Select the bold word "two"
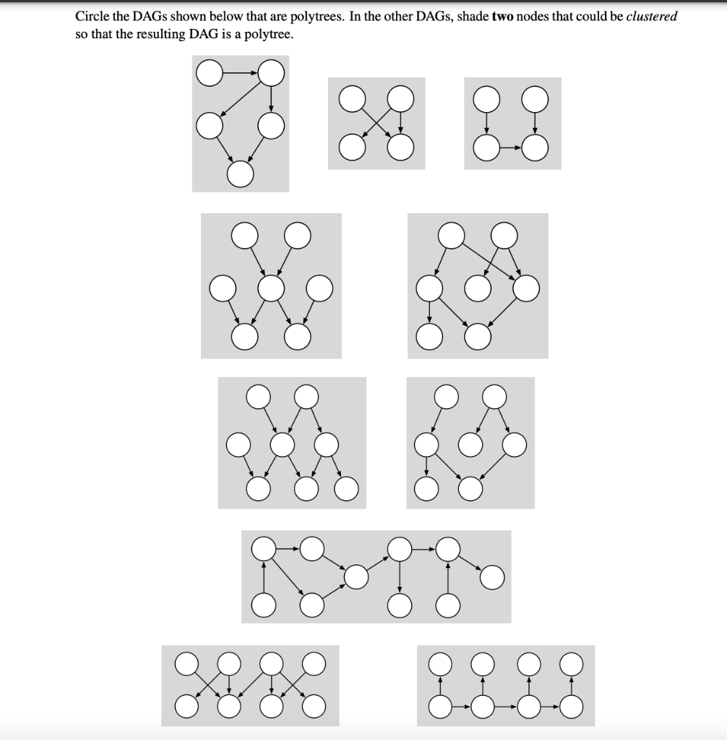point(502,17)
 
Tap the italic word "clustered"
point(651,17)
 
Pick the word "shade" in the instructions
point(472,17)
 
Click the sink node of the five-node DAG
point(241,173)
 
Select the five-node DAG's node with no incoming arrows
point(208,72)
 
